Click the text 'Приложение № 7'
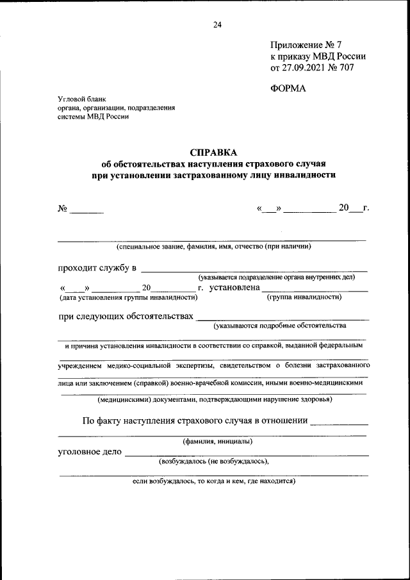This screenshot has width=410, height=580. point(307,45)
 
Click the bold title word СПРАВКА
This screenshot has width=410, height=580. point(213,152)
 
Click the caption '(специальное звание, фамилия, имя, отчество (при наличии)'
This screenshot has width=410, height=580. point(213,247)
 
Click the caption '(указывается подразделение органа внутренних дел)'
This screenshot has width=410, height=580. point(276,277)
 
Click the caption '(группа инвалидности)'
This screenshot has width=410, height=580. point(304,297)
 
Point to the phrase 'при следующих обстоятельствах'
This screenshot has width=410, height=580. point(126,317)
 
